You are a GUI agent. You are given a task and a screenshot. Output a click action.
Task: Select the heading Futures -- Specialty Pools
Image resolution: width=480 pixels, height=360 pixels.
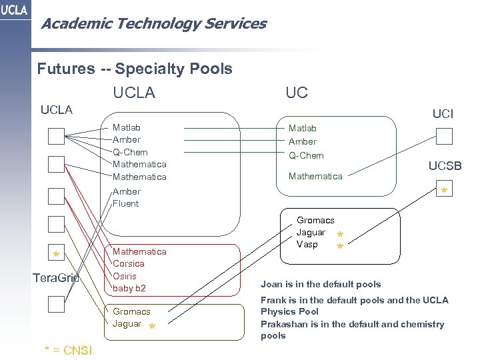[135, 69]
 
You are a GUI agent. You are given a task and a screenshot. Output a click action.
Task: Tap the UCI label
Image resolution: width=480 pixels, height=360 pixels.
[443, 114]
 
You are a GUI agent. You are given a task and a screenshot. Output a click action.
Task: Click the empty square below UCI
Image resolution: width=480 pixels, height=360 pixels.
[444, 137]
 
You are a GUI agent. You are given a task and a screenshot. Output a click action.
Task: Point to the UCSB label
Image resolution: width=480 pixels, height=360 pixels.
[445, 166]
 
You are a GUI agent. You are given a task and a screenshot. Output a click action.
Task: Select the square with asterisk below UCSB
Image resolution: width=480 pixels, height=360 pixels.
[444, 190]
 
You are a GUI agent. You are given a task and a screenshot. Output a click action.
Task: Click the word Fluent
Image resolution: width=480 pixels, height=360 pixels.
[126, 204]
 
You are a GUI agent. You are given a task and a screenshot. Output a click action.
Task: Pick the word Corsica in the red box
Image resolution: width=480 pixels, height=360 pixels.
[129, 264]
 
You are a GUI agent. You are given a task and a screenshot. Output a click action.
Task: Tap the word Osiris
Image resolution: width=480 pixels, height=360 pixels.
[125, 276]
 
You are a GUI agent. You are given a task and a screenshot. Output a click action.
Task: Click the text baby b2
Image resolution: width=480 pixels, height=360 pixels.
[129, 288]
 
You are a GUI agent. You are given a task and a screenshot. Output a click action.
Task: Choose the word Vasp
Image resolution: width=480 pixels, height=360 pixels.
[307, 245]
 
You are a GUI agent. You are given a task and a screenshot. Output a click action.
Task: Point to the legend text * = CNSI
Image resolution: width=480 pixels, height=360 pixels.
[68, 350]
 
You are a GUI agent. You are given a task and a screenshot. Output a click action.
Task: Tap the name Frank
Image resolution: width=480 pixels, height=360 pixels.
[274, 300]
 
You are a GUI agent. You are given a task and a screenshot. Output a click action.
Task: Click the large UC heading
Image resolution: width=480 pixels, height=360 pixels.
[296, 93]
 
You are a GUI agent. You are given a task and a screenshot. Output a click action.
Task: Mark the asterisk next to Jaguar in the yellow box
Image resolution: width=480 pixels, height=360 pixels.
[152, 327]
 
